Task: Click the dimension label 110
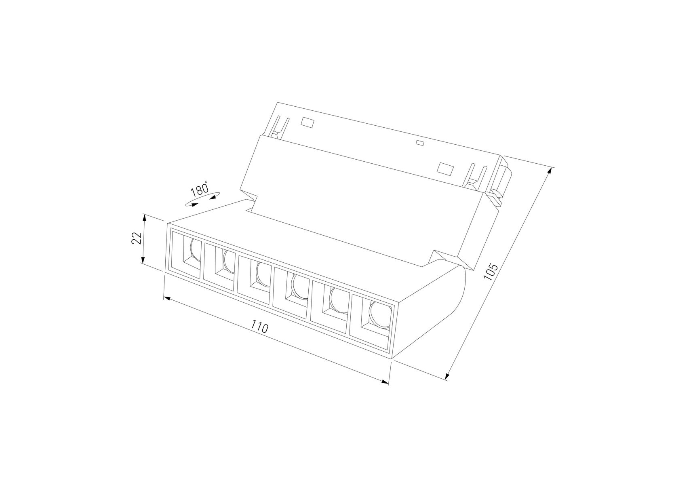pos(259,326)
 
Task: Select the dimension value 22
pos(136,238)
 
